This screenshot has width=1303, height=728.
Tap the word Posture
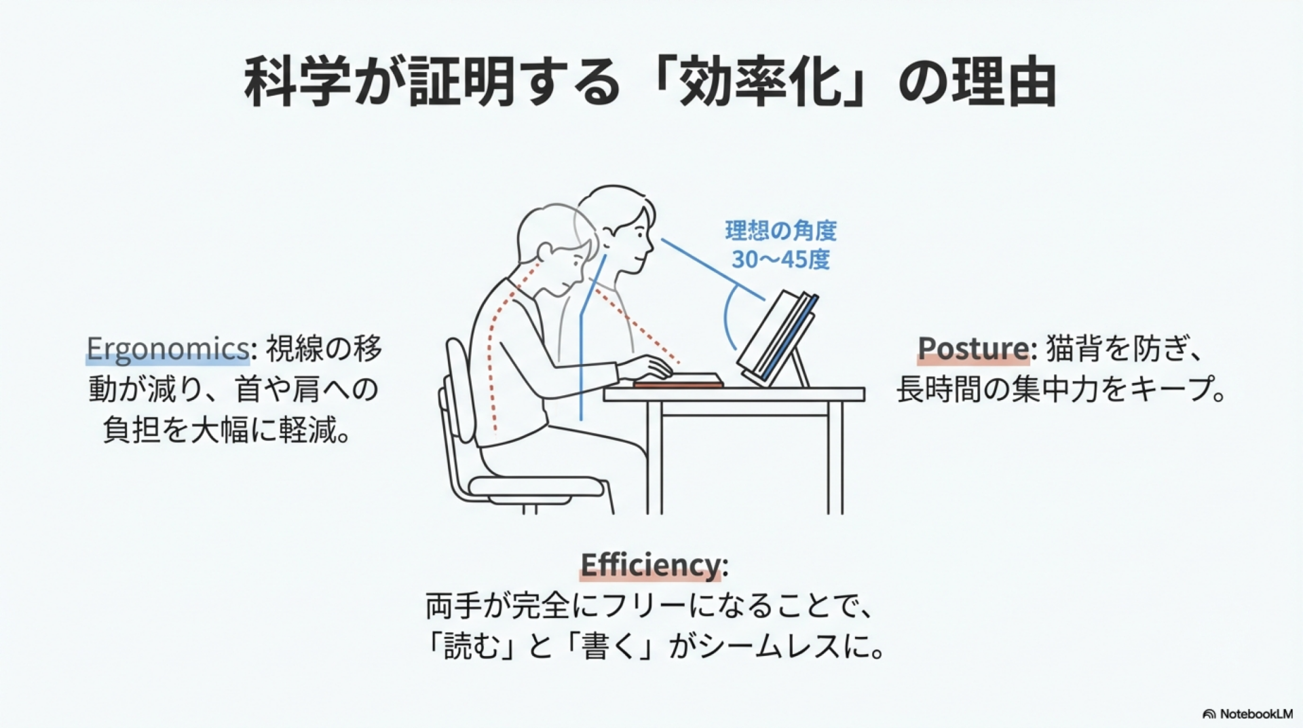973,348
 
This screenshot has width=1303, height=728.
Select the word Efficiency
650,565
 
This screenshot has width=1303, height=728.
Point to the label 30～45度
780,259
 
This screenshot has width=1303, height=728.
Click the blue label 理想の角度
780,231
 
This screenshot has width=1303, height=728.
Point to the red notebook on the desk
678,382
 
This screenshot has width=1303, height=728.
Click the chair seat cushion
536,487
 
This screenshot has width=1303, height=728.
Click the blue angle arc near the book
728,318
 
